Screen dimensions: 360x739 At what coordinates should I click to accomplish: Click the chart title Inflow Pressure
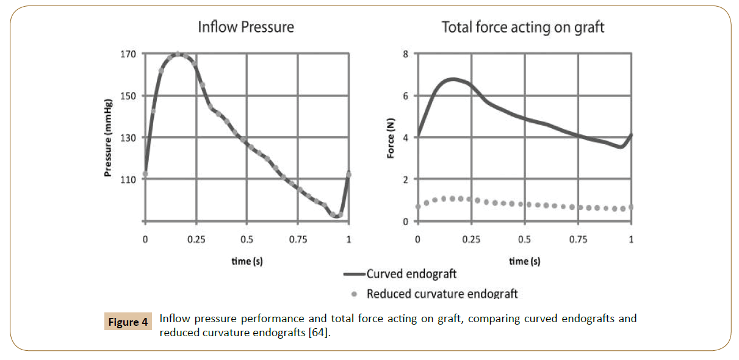click(245, 27)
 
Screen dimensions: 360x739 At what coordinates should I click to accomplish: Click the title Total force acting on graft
click(523, 27)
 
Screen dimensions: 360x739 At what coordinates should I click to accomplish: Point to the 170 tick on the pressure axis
click(128, 54)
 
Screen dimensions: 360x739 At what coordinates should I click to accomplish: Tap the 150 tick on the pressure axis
click(128, 96)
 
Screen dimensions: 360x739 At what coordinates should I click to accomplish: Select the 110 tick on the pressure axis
click(128, 179)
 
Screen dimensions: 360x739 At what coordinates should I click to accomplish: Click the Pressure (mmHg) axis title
click(108, 137)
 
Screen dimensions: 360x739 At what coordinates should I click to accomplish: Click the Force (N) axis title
click(391, 138)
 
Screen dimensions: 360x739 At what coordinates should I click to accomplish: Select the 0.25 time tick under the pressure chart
click(195, 239)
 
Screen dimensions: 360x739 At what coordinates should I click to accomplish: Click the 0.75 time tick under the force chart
click(578, 239)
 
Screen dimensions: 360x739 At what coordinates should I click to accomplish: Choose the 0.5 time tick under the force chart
click(524, 239)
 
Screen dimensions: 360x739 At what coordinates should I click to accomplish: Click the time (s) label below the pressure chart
click(246, 261)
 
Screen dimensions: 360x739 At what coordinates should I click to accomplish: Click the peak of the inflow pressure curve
click(177, 54)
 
